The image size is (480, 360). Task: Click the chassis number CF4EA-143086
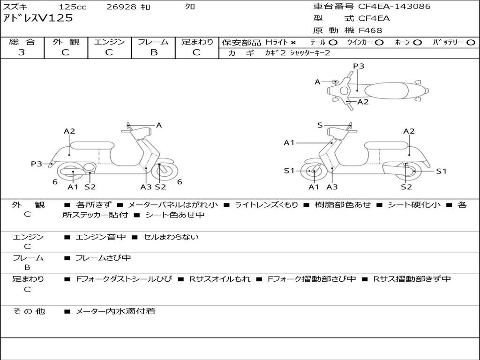click(x=394, y=7)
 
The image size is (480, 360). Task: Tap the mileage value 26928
click(x=121, y=7)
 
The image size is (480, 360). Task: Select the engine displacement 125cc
click(x=73, y=7)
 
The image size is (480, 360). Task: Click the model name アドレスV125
click(x=38, y=18)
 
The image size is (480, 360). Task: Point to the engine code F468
click(x=370, y=30)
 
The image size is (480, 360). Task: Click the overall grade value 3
click(x=22, y=52)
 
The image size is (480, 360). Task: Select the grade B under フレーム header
click(x=153, y=52)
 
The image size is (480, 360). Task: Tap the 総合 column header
click(x=22, y=42)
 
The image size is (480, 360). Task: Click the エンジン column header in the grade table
click(x=109, y=42)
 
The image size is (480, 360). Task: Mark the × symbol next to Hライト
click(x=293, y=42)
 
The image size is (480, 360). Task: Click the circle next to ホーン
click(x=418, y=42)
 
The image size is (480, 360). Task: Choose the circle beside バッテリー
click(x=471, y=42)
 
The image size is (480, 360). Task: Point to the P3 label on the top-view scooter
click(x=359, y=66)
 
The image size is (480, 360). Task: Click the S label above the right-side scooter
click(x=320, y=125)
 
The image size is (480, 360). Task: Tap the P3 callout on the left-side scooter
click(x=37, y=164)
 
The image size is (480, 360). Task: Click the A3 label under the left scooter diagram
click(x=146, y=187)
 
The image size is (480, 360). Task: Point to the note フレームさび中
click(x=103, y=258)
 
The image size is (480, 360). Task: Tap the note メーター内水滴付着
click(x=115, y=311)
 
